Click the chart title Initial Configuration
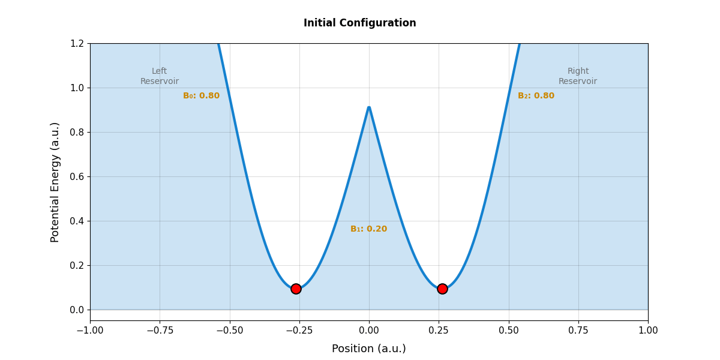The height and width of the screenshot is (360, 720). (359, 23)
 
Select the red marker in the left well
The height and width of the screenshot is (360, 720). (296, 289)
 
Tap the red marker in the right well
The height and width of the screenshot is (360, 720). (442, 289)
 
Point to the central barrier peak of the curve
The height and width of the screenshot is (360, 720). (369, 107)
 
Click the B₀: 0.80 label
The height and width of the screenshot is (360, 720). (201, 96)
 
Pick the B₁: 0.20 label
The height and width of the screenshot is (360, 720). (368, 229)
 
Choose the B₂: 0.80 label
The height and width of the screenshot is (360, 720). (536, 96)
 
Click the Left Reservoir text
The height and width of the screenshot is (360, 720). (160, 76)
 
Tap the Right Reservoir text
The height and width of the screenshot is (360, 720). (578, 76)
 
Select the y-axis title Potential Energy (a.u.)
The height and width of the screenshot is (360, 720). (55, 182)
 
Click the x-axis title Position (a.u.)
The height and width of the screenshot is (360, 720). (369, 349)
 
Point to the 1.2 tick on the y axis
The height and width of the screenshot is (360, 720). (76, 43)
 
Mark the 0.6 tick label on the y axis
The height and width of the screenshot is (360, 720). (76, 176)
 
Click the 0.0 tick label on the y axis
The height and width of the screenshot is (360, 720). (76, 310)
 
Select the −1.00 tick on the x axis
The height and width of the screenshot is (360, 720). (90, 331)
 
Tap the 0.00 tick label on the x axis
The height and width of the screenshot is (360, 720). (369, 331)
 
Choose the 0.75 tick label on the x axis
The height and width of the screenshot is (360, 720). (578, 331)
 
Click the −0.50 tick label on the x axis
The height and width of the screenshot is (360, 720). (229, 331)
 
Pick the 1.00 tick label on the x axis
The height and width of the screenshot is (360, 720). (648, 331)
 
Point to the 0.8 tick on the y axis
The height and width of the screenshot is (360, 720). (76, 132)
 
